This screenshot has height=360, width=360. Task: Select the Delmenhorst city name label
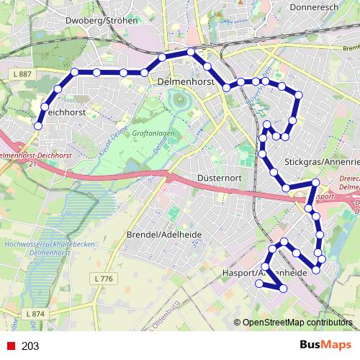click(x=185, y=83)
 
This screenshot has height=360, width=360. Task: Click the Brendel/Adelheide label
click(x=163, y=235)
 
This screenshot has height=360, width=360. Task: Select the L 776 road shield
click(x=104, y=278)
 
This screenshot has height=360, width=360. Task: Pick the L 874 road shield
click(x=35, y=314)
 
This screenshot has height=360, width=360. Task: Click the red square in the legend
click(x=10, y=346)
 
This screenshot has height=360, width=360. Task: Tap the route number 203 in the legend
click(x=30, y=346)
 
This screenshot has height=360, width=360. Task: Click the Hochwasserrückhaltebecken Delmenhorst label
click(x=40, y=250)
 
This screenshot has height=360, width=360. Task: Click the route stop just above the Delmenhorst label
click(x=191, y=52)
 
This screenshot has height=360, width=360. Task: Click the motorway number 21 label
click(x=33, y=163)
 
